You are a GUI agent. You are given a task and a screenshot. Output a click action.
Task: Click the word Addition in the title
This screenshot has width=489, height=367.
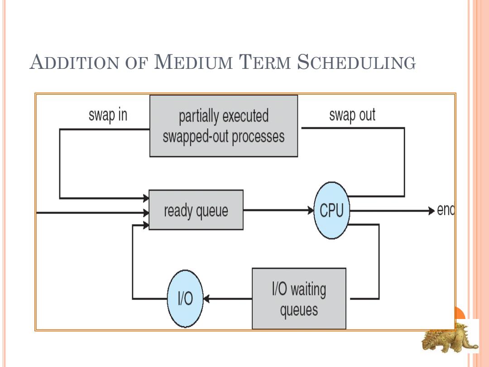coord(74,62)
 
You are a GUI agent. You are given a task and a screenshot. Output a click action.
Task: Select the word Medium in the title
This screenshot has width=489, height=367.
coord(193,62)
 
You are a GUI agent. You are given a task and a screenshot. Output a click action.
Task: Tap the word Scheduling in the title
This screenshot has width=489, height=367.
coord(356,62)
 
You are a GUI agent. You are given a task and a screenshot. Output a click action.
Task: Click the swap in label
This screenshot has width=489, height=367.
coord(108,115)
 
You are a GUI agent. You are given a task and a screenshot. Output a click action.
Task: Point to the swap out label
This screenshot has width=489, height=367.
coord(352,115)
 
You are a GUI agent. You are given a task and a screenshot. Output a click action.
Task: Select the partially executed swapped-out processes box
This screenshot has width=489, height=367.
coord(224,126)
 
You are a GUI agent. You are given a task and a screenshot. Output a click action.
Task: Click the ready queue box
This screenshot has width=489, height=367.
coord(196,210)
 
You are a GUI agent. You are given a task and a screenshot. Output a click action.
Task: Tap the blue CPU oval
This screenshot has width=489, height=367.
coord(331,210)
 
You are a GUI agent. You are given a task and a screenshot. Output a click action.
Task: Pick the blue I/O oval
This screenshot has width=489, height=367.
coord(185,299)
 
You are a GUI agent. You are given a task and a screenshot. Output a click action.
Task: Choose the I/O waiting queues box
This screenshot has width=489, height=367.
coord(299,298)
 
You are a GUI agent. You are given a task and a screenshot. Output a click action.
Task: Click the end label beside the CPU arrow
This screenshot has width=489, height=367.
coord(446,210)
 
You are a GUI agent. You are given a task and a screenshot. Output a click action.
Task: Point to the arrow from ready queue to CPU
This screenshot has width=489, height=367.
coord(278,210)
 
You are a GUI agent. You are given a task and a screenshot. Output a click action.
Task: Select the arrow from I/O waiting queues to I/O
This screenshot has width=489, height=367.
coord(228,299)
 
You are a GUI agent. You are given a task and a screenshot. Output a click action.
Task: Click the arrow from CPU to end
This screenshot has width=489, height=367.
coord(392,211)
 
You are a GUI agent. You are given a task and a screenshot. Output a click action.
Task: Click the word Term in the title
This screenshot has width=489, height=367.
coord(264,62)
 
